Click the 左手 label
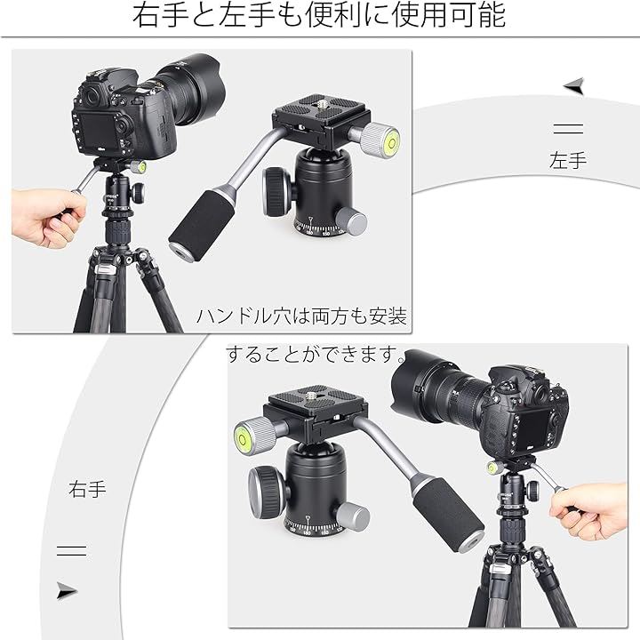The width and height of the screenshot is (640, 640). tap(568, 160)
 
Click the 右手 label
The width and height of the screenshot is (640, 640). tap(87, 489)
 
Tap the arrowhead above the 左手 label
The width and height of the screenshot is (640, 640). tap(575, 86)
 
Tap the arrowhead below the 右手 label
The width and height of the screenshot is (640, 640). tap(67, 590)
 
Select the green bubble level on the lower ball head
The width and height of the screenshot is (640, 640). tap(242, 439)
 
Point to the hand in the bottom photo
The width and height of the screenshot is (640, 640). tap(589, 510)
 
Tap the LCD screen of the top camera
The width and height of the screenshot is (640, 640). tap(99, 131)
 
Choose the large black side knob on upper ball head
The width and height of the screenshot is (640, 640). tap(277, 191)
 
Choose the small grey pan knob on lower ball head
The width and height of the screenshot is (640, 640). tap(352, 516)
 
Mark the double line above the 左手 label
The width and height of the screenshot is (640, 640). tap(568, 129)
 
